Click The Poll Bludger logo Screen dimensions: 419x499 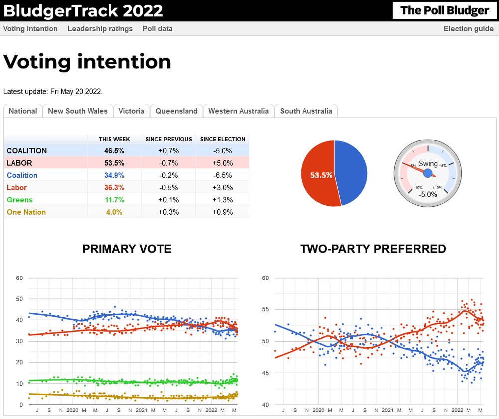point(444,10)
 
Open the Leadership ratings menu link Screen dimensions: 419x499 point(100,29)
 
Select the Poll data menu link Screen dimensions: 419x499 point(157,29)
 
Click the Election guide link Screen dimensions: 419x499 point(468,29)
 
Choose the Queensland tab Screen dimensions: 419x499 point(176,111)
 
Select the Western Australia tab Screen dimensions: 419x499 point(239,111)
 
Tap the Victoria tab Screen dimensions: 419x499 point(131,111)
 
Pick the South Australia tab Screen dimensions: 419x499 point(306,111)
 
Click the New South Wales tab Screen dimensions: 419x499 point(77,111)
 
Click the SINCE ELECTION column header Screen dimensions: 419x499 point(222,139)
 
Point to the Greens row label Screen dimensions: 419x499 point(20,200)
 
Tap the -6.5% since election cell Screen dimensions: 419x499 point(222,175)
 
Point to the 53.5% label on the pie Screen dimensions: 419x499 point(321,175)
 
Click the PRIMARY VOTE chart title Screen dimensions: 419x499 point(127,249)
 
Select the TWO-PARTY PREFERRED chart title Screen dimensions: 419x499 point(373,249)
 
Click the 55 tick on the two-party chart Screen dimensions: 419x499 point(265,309)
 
